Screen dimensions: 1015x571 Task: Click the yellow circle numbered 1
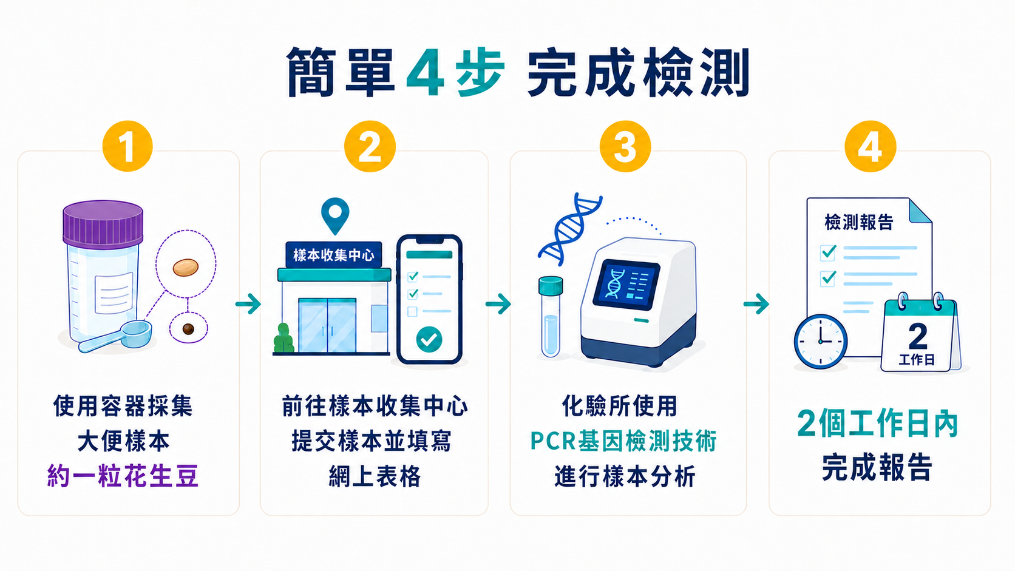coord(127,146)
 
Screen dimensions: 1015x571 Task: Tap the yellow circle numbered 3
coord(625,146)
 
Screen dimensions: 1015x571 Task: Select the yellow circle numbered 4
coord(871,146)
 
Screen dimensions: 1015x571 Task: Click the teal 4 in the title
coord(425,72)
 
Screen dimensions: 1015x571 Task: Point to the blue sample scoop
coord(115,336)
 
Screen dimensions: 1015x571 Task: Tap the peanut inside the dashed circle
coord(185,267)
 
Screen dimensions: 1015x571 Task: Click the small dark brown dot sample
coord(188,329)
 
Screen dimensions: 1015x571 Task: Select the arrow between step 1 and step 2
coord(248,303)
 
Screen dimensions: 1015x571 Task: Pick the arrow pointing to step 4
coord(756,303)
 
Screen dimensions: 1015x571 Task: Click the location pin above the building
coord(335,215)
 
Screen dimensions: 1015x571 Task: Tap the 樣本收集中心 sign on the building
coord(333,255)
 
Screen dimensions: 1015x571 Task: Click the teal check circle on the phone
coord(429,339)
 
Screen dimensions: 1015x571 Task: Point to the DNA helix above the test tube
coord(569,229)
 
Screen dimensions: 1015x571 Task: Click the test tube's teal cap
coord(551,285)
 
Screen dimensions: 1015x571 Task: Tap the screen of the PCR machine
coord(626,285)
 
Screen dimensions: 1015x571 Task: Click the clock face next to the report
coord(821,342)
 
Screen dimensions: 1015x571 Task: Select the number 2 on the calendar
coord(918,336)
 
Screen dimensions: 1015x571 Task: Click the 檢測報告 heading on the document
coord(858,222)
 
